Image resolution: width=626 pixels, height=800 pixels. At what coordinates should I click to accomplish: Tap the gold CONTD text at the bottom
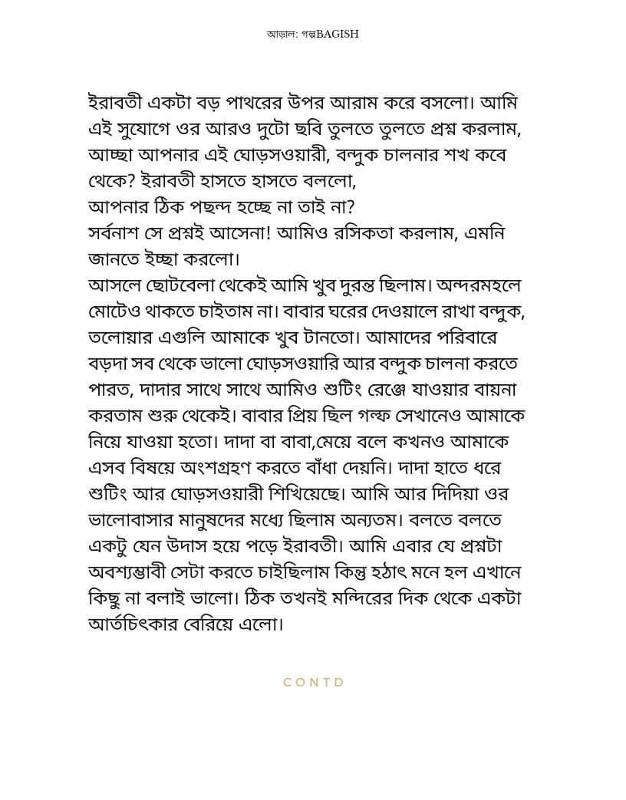(x=314, y=682)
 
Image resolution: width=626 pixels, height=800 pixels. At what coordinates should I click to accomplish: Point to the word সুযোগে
(x=157, y=128)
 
